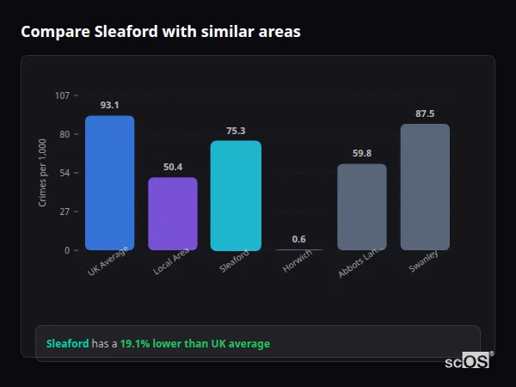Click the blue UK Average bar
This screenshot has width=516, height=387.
(x=109, y=183)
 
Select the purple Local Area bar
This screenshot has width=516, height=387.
(x=173, y=214)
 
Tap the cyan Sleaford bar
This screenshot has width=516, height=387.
(x=236, y=195)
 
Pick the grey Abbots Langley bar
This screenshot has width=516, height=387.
(x=361, y=207)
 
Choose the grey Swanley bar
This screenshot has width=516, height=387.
(x=425, y=187)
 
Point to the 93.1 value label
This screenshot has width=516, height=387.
(x=109, y=105)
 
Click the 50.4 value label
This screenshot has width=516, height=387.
(x=173, y=167)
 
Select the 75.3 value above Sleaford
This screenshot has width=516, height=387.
(x=236, y=131)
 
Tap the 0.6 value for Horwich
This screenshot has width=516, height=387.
(x=298, y=239)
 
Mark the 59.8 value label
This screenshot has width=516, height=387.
(x=361, y=153)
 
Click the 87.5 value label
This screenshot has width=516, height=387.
(x=425, y=114)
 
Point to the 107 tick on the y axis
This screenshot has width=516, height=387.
(x=62, y=95)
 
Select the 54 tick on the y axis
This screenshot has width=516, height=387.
(x=64, y=173)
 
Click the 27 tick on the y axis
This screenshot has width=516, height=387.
(x=64, y=212)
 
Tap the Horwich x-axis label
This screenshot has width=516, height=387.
(x=297, y=262)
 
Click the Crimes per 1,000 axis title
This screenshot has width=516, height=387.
(x=43, y=172)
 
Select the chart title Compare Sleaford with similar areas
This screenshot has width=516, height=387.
(x=161, y=32)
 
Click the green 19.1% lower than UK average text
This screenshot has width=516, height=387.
(x=194, y=344)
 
